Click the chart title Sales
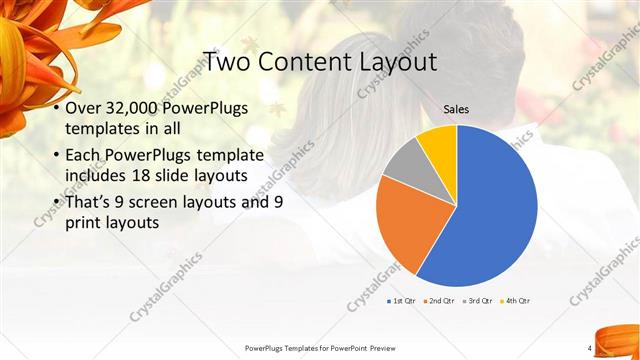point(456,110)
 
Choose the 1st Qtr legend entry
point(401,301)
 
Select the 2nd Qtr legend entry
point(440,301)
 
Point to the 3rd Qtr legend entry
point(478,301)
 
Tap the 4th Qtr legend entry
point(515,301)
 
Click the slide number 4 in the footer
point(590,348)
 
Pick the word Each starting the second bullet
point(84,156)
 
